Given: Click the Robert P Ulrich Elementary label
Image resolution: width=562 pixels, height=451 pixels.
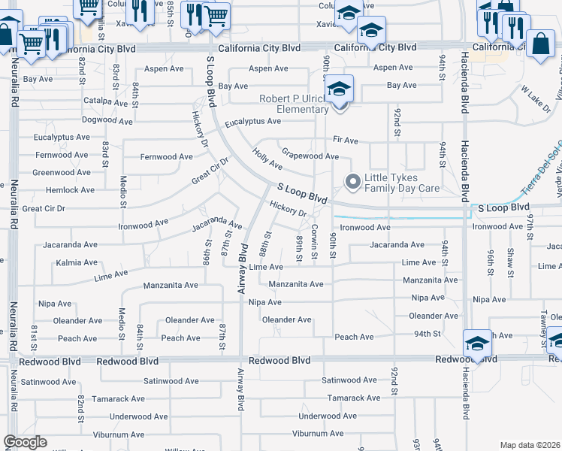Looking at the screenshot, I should [294, 104].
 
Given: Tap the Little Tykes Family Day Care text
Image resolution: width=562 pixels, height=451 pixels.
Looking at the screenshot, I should [402, 183].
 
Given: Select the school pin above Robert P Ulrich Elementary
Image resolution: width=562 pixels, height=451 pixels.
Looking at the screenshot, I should [340, 92].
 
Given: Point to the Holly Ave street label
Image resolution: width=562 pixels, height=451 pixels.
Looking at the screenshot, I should [267, 159].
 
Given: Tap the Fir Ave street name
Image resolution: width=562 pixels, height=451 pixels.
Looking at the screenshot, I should [346, 140].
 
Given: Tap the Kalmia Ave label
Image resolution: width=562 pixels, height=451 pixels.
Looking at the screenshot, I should [77, 263].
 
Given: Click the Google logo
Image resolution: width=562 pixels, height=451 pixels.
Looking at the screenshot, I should [26, 442].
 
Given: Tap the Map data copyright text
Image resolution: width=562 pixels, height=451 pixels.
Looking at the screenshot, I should [530, 445].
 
